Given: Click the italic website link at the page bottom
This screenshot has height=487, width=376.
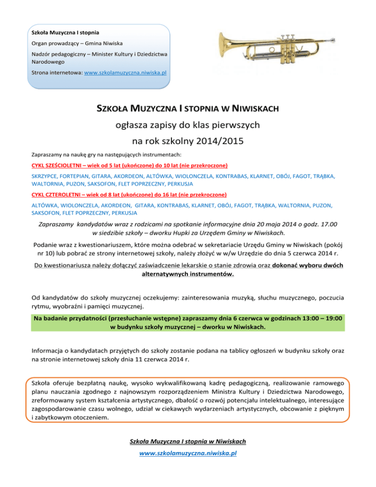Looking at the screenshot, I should pyautogui.click(x=188, y=453).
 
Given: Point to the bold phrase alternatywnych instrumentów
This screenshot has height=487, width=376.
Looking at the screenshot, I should pyautogui.click(x=188, y=275).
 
